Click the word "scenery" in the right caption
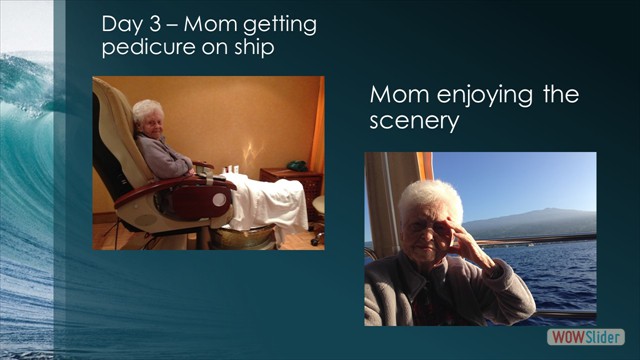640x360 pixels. pos(414,121)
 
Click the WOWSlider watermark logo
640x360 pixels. pos(586,337)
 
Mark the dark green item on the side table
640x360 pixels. pos(296,163)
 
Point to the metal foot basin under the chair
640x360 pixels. pos(245,236)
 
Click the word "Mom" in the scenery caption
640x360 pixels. pos(393,96)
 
